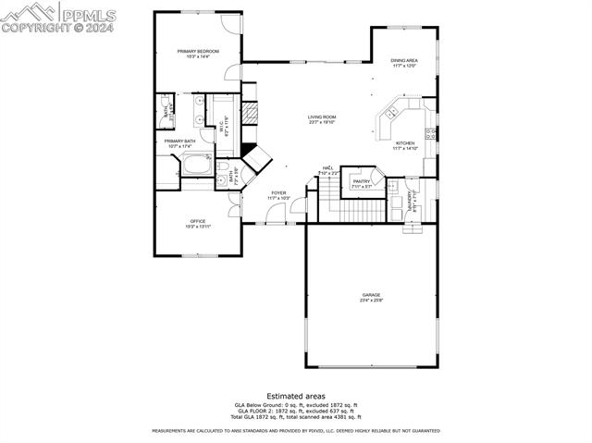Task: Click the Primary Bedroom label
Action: [x=197, y=52]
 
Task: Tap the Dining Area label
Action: [x=404, y=60]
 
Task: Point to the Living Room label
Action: [x=322, y=117]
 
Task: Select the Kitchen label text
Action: [x=406, y=143]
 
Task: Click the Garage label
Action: [x=371, y=295]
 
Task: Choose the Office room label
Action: [x=197, y=221]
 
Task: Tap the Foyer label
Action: [x=278, y=192]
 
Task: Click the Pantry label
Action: [x=361, y=181]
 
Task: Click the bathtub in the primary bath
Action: [x=197, y=166]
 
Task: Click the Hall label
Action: [x=327, y=168]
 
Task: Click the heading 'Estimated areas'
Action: [x=295, y=395]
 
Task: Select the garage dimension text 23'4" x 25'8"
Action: [x=371, y=300]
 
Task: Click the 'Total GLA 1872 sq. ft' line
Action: [x=295, y=416]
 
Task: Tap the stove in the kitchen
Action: [x=431, y=132]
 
